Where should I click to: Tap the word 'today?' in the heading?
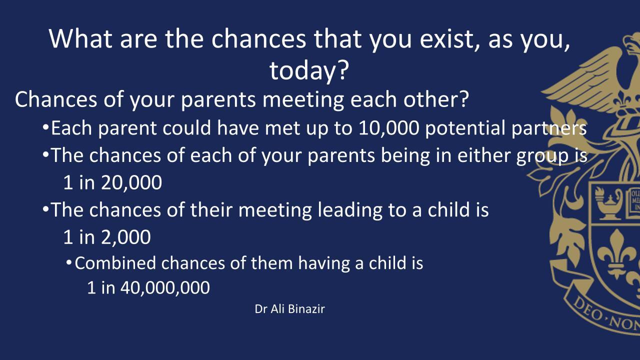[x=309, y=70]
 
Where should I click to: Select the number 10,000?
[x=388, y=128]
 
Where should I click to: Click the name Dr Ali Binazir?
[x=289, y=309]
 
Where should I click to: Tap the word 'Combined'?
[x=115, y=263]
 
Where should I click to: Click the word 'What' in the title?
[x=80, y=39]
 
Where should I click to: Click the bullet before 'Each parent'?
[x=45, y=126]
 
